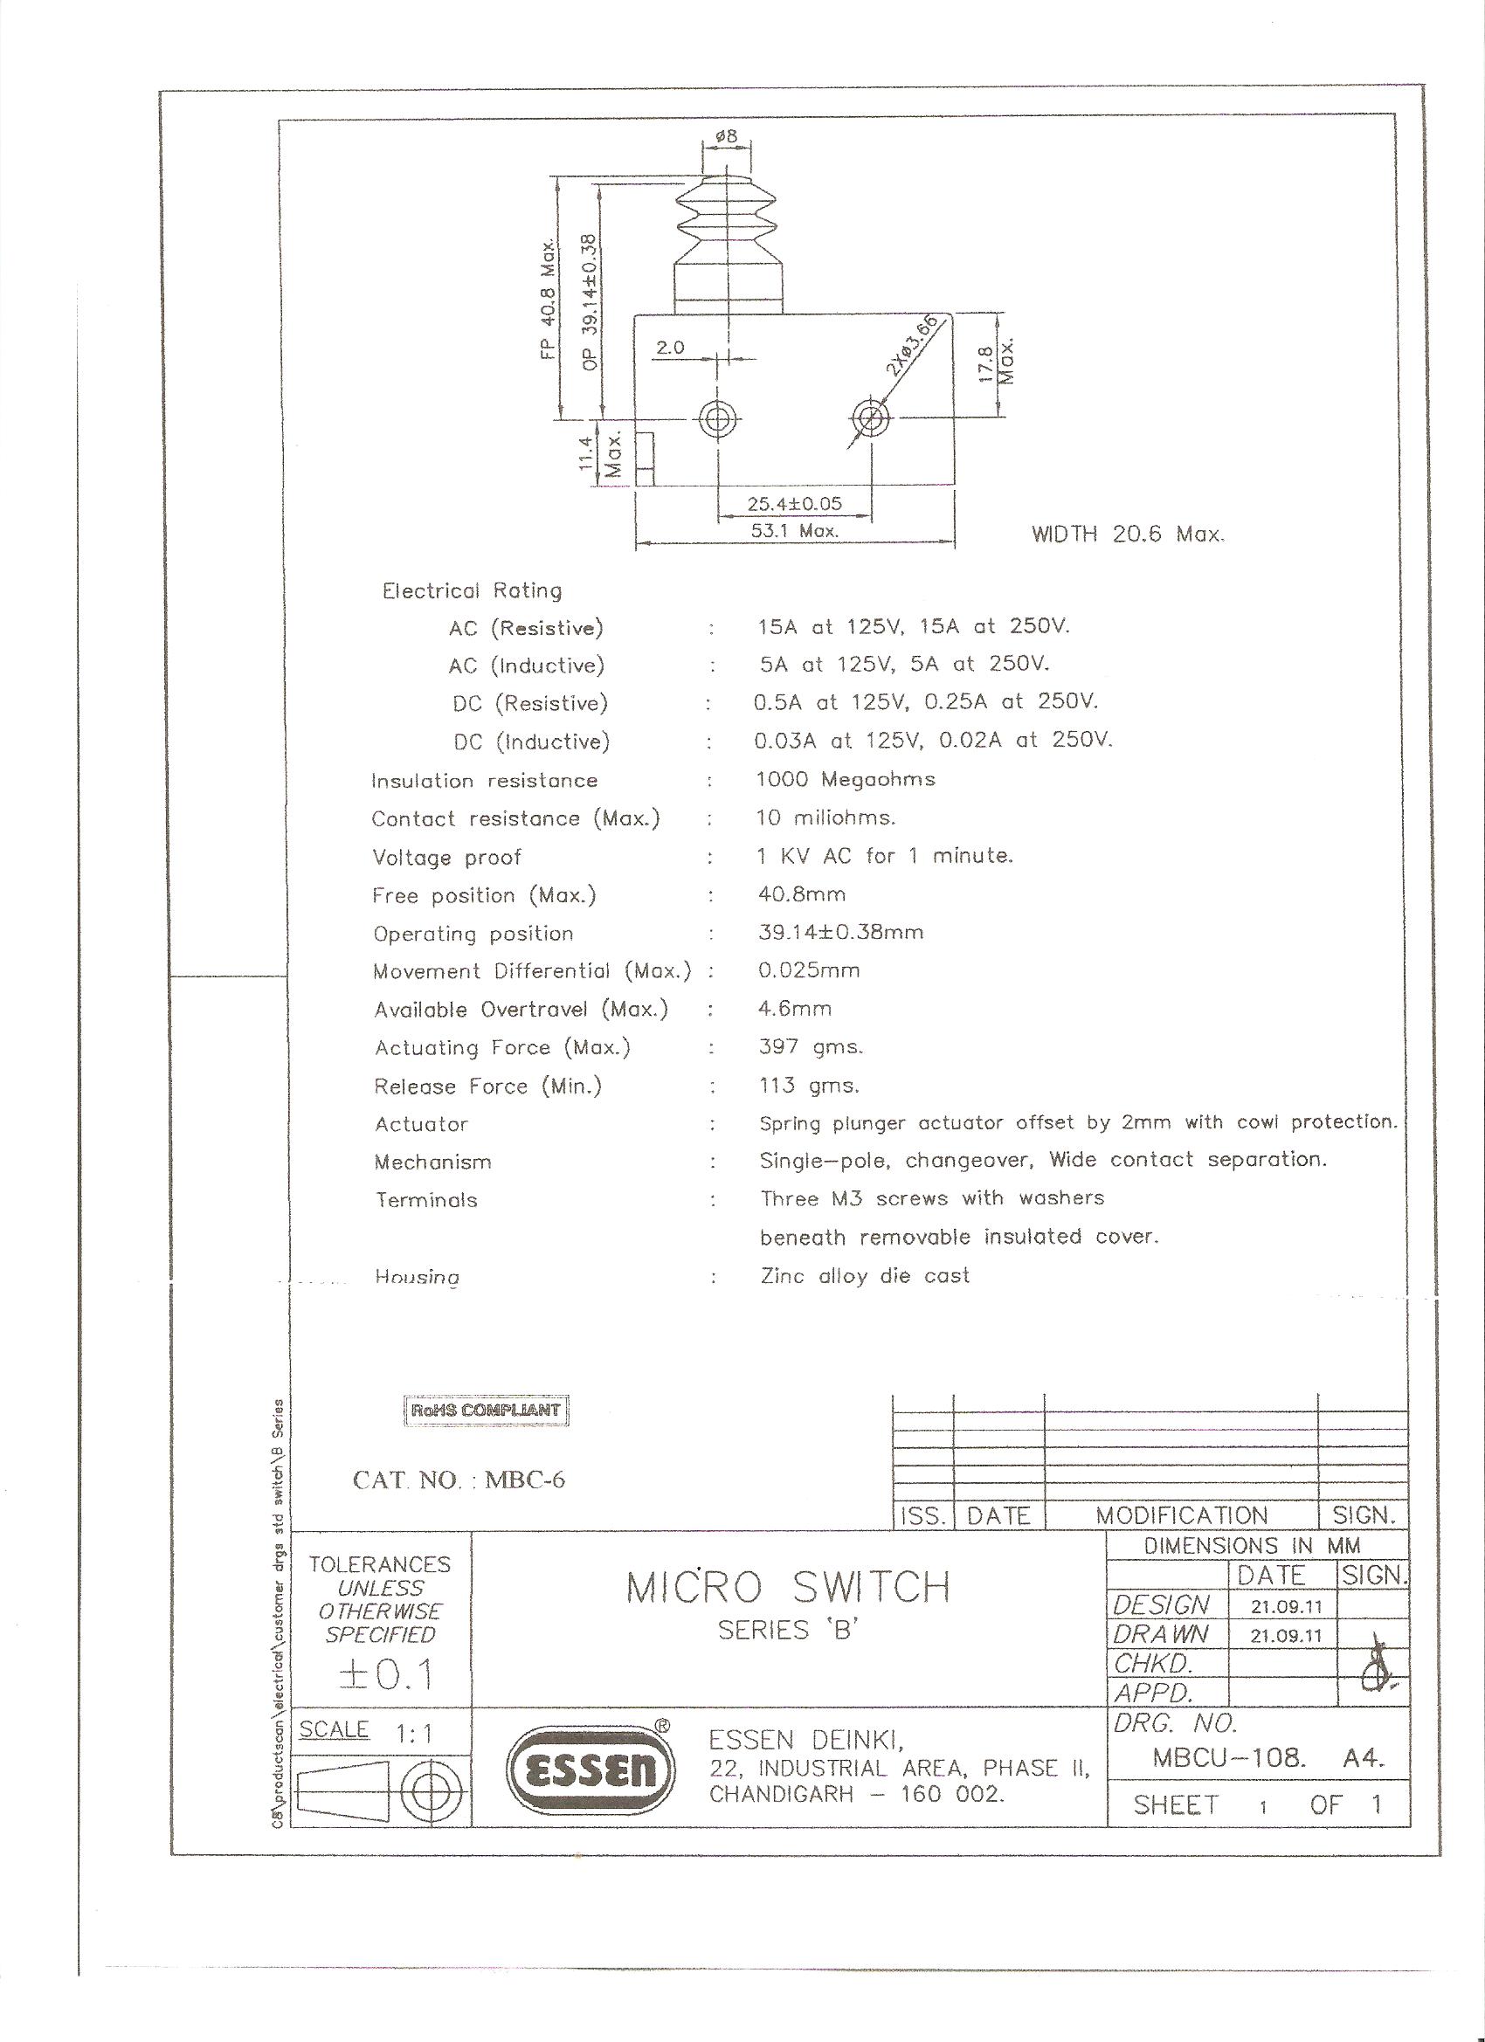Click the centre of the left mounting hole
pyautogui.click(x=719, y=417)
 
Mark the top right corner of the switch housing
pyautogui.click(x=954, y=314)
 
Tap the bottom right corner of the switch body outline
pyautogui.click(x=954, y=486)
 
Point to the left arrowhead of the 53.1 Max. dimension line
pyautogui.click(x=640, y=542)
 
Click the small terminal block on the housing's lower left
pyautogui.click(x=645, y=459)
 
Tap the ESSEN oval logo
pyautogui.click(x=591, y=1773)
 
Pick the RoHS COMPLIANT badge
pyautogui.click(x=487, y=1410)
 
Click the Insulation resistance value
pyautogui.click(x=846, y=779)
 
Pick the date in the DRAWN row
pyautogui.click(x=1286, y=1635)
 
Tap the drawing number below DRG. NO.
pyautogui.click(x=1228, y=1757)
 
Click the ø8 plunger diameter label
pyautogui.click(x=726, y=137)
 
